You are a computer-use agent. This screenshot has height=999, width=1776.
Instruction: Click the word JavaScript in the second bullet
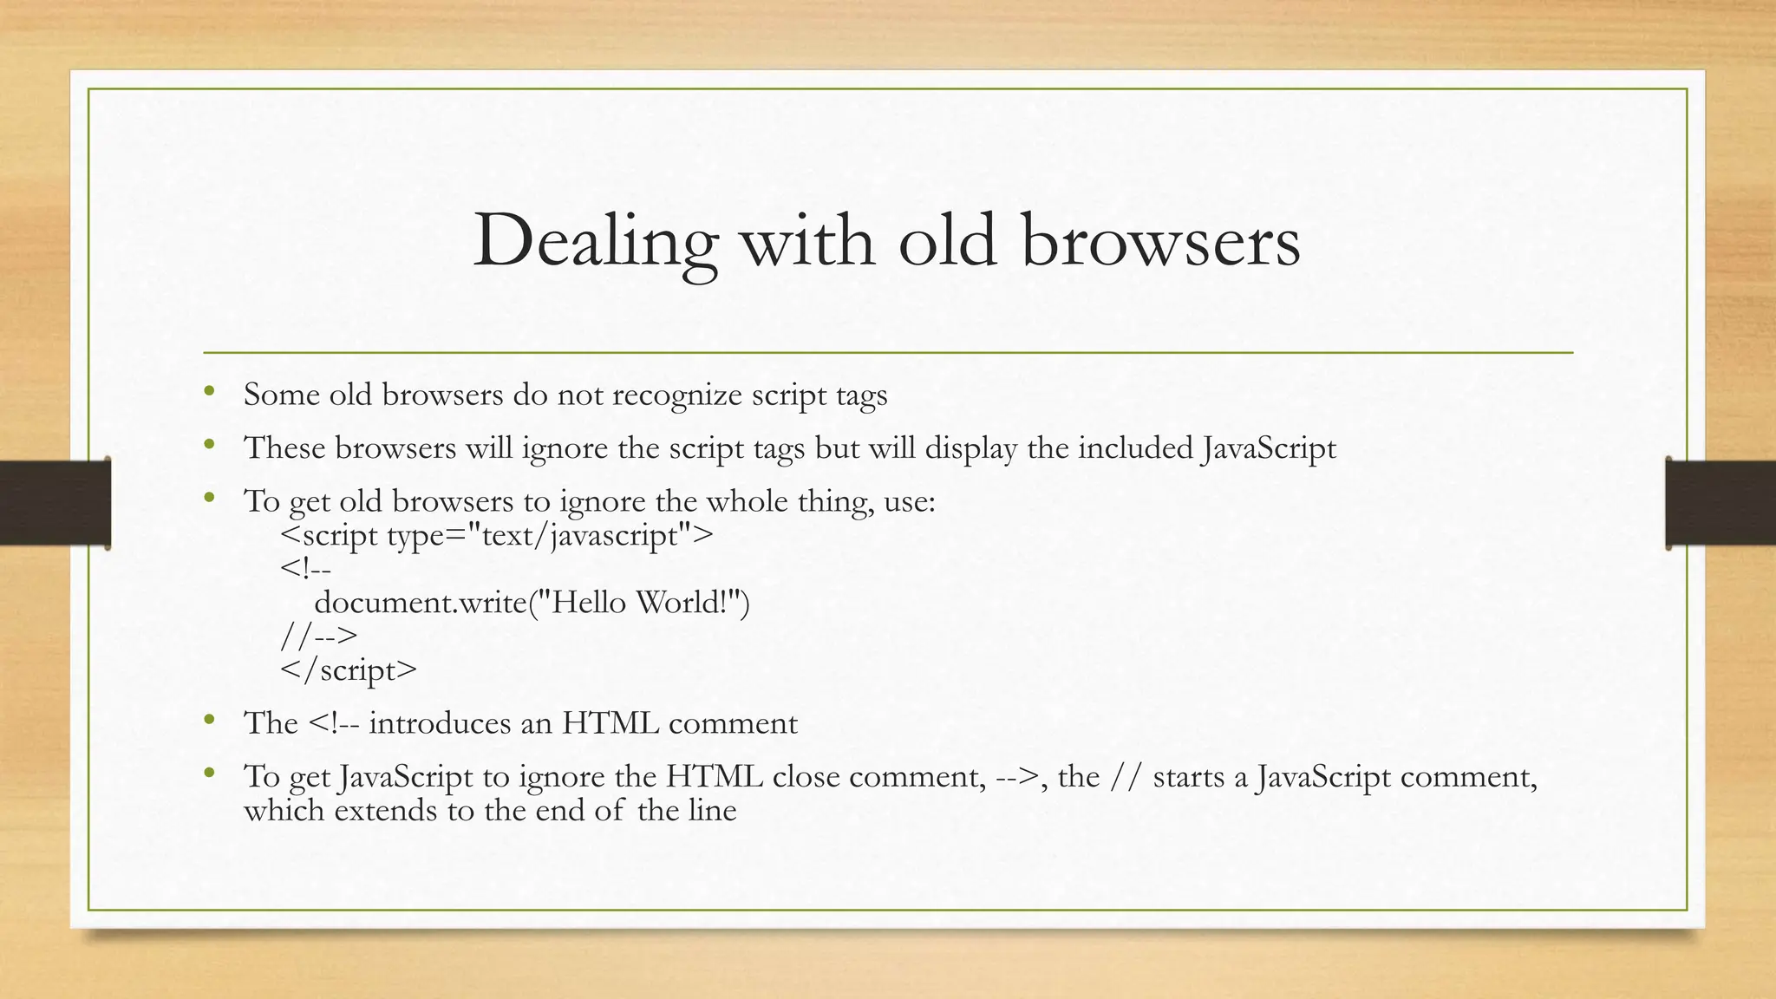pyautogui.click(x=1269, y=448)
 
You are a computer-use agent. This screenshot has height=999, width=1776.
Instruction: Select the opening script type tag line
pyautogui.click(x=497, y=535)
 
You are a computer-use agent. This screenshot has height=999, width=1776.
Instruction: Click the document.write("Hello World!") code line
pyautogui.click(x=532, y=602)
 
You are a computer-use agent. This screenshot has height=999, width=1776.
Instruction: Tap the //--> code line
pyautogui.click(x=319, y=636)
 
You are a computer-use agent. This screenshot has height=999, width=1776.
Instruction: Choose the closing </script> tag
pyautogui.click(x=349, y=669)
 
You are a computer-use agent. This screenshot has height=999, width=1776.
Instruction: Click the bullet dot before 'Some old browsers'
pyautogui.click(x=208, y=392)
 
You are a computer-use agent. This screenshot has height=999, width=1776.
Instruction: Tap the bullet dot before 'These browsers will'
pyautogui.click(x=208, y=446)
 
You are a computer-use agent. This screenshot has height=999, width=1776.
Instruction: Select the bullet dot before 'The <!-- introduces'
pyautogui.click(x=208, y=720)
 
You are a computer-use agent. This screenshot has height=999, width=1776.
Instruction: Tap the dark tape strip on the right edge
pyautogui.click(x=1720, y=503)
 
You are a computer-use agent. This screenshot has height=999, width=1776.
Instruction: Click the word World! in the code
pyautogui.click(x=691, y=602)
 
